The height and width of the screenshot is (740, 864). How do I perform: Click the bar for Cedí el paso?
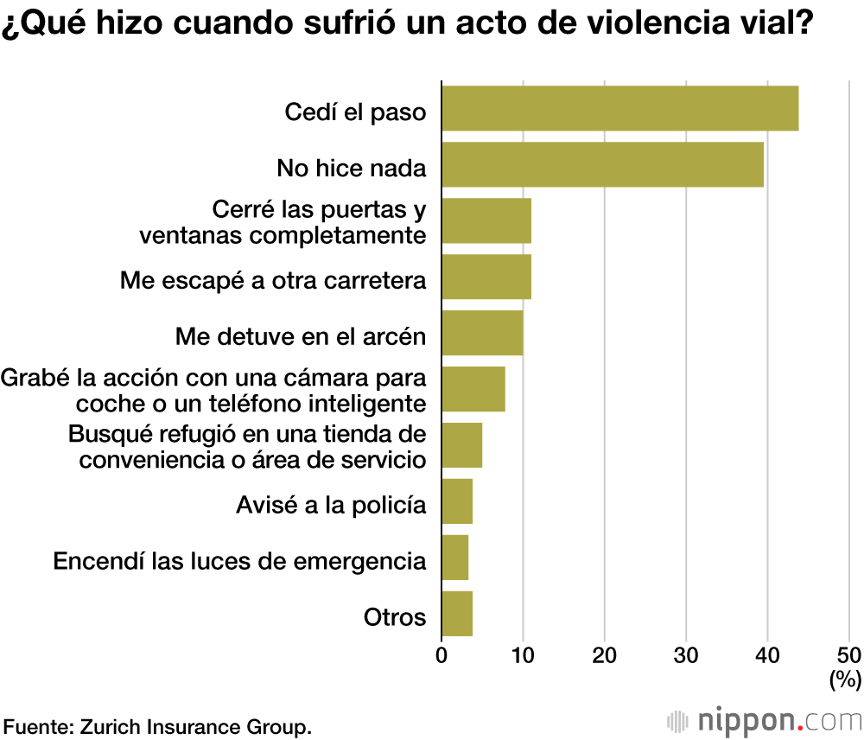point(619,108)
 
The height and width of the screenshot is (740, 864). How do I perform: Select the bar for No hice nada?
point(602,164)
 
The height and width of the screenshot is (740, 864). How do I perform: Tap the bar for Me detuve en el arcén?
point(482,333)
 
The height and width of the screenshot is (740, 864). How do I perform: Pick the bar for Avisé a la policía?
point(457,501)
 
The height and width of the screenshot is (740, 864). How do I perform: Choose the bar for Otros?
point(457,614)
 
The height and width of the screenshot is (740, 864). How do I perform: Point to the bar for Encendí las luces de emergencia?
point(455,558)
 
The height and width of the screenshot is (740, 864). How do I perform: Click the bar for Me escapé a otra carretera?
point(486,277)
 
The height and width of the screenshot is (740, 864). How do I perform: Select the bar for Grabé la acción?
point(473,389)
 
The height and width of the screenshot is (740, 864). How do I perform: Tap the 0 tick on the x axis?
point(442,654)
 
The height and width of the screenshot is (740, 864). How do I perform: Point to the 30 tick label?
point(686,654)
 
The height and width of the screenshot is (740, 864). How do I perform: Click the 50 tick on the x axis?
point(849,654)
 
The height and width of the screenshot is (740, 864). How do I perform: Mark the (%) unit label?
point(845,679)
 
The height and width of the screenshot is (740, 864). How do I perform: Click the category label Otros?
point(395,617)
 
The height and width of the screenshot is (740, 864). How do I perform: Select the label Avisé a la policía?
point(331,505)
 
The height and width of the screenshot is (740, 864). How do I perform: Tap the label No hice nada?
point(352,168)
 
